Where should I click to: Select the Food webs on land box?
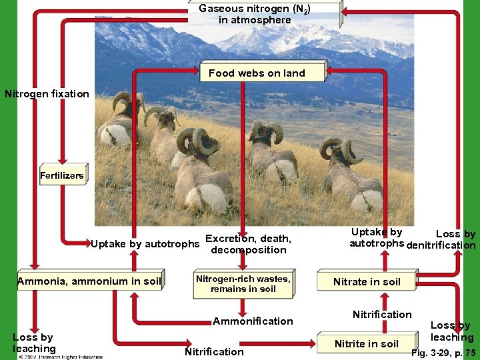pyautogui.click(x=257, y=73)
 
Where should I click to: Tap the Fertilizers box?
pyautogui.click(x=62, y=176)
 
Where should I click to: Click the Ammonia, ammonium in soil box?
pyautogui.click(x=89, y=281)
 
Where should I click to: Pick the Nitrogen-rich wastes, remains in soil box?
pyautogui.click(x=243, y=284)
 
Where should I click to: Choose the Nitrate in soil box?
pyautogui.click(x=367, y=281)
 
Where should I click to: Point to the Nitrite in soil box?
pyautogui.click(x=366, y=343)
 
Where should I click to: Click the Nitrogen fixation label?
pyautogui.click(x=47, y=94)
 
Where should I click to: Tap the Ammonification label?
pyautogui.click(x=253, y=321)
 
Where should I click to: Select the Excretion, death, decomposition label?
pyautogui.click(x=248, y=244)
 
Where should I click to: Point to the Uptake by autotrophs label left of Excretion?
pyautogui.click(x=145, y=244)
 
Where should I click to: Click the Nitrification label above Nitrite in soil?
pyautogui.click(x=382, y=314)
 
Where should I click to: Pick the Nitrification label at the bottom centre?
pyautogui.click(x=214, y=351)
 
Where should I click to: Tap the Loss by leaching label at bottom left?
pyautogui.click(x=33, y=343)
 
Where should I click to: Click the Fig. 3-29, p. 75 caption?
pyautogui.click(x=443, y=353)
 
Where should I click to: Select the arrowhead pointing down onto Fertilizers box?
pyautogui.click(x=62, y=160)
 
